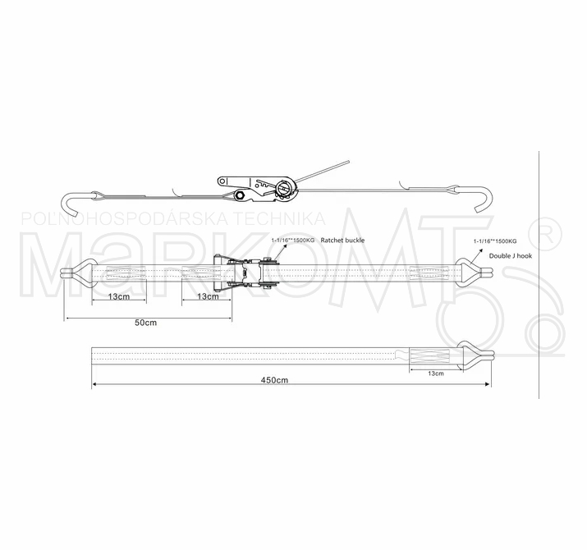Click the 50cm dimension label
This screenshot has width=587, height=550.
point(145,323)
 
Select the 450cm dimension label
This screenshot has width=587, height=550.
point(274,380)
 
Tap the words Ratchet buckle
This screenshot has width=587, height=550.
point(342,241)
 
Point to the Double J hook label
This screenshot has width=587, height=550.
point(511,256)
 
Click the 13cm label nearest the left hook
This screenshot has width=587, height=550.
point(119,296)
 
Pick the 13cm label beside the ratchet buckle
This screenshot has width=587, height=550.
point(208,296)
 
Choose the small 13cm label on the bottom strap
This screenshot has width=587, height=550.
point(436,374)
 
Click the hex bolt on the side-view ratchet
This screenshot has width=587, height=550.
point(238,195)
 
